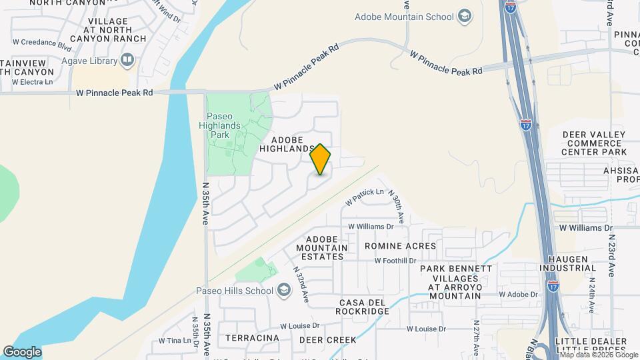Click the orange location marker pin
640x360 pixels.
[x=321, y=159]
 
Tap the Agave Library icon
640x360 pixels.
[x=127, y=61]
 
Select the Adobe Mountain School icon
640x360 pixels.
[x=465, y=17]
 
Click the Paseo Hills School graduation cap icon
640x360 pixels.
[x=284, y=290]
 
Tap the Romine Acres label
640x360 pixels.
[x=400, y=246]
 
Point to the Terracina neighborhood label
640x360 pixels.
[x=252, y=338]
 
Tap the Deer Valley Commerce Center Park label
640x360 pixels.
[x=594, y=143]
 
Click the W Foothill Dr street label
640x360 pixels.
[x=395, y=261]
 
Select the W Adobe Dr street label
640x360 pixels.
[x=518, y=294]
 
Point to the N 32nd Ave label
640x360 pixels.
[x=301, y=283]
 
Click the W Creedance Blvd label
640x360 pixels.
[x=41, y=47]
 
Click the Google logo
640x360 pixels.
[x=22, y=351]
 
